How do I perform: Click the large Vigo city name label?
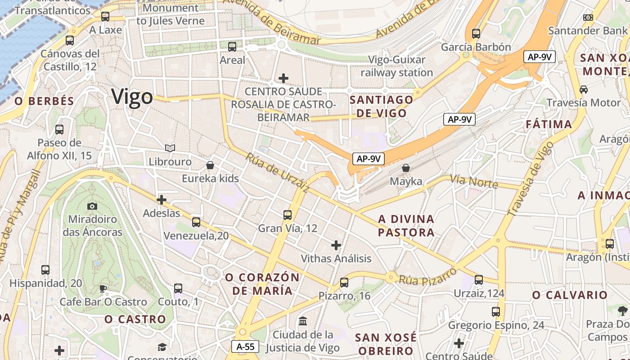132,97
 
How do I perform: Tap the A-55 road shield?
246,346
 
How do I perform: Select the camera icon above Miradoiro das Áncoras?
92,206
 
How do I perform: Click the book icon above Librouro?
170,148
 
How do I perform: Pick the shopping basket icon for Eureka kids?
210,165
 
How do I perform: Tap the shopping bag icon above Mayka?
406,168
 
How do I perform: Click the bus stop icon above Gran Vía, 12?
288,215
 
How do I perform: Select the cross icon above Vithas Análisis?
336,245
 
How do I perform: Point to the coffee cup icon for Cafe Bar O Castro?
103,288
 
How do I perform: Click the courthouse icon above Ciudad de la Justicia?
303,321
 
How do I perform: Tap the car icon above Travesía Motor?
584,89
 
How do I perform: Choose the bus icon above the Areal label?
232,46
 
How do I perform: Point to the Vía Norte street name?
474,181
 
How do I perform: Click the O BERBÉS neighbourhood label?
44,101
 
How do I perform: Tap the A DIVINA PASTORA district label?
406,226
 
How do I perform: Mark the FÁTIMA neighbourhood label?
549,124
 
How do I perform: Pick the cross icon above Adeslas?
161,200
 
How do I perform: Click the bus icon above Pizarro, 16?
344,282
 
